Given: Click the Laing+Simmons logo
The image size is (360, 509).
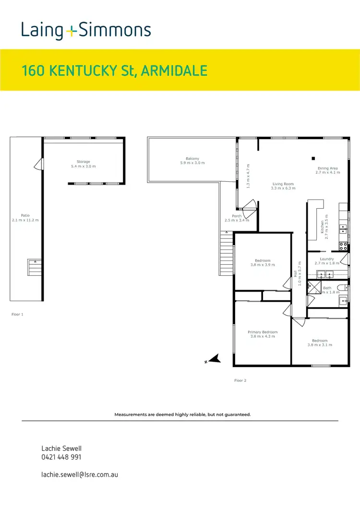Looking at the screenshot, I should point(86,30).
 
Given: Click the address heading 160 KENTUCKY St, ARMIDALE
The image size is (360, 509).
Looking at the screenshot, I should point(115,71).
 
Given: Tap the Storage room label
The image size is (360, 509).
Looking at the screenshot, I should point(84,162).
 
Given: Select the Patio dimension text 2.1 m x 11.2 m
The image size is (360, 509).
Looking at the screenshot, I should point(25,220).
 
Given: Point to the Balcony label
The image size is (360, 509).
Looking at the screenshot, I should point(192,159).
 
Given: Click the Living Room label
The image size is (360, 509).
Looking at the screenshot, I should point(282,184).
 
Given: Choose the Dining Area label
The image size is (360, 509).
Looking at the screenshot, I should point(328,168).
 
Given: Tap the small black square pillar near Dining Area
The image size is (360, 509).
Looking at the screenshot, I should point(313,158).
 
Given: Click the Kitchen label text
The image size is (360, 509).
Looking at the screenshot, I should point(323,226).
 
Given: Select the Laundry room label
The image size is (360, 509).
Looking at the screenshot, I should point(327,259).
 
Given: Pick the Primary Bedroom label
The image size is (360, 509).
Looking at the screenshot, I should point(263,332).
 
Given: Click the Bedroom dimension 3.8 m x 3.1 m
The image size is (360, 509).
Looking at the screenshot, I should point(320,345).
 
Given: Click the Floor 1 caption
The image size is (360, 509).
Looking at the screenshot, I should point(17,315).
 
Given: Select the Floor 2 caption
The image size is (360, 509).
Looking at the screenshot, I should point(240,380).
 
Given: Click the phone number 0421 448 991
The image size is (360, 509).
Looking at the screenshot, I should point(61,457).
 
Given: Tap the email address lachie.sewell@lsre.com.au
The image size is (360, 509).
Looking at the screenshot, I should point(80,474).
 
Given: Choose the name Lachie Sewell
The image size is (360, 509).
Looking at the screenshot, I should point(62,448).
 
